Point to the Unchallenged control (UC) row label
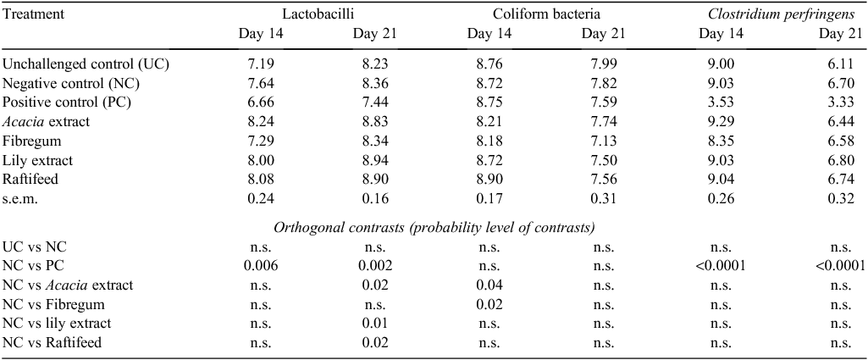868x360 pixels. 86,64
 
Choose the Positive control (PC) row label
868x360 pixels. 67,103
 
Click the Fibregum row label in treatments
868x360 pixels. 32,141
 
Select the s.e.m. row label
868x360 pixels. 20,199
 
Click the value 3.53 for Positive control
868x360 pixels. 718,103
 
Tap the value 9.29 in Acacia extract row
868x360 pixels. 718,122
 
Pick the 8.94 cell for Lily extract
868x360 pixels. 375,161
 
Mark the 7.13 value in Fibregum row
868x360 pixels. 603,141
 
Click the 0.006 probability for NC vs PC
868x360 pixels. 260,266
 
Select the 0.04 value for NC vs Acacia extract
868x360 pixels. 489,285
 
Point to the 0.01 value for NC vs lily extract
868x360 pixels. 375,324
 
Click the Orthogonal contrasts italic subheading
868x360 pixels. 434,228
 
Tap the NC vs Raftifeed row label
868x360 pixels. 52,343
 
